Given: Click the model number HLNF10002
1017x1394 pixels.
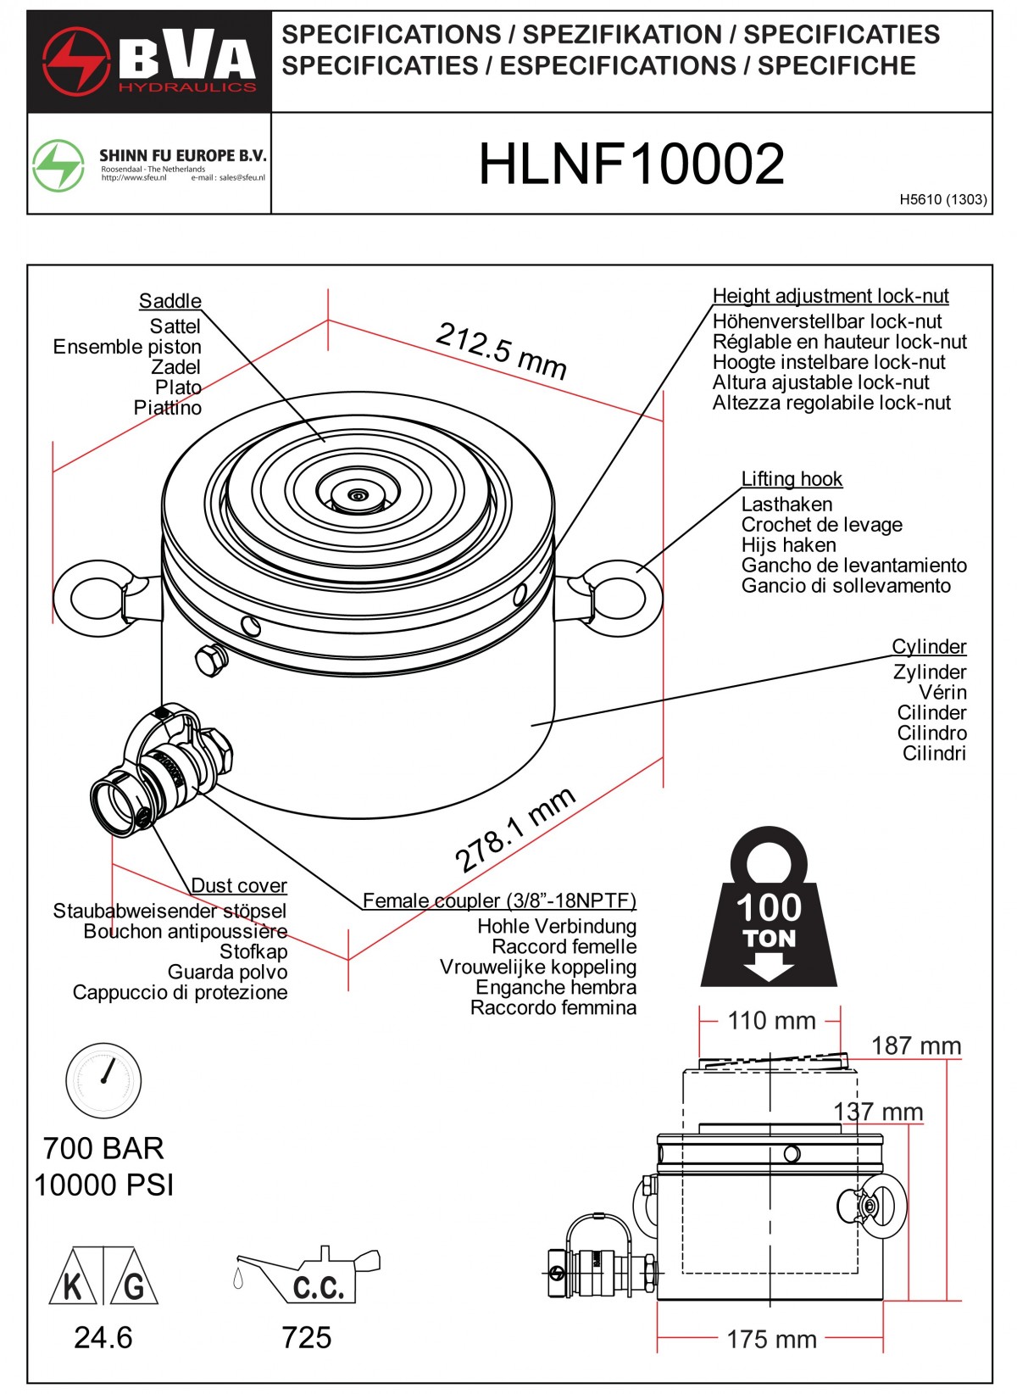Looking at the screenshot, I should [631, 164].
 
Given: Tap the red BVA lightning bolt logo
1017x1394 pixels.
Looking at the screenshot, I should [76, 61].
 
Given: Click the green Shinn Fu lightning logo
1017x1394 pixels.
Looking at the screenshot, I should [58, 164].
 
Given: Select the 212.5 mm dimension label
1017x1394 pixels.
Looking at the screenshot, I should [501, 350].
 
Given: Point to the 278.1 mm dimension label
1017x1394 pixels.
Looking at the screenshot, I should [514, 830].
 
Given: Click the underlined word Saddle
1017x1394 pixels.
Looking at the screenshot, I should [170, 301].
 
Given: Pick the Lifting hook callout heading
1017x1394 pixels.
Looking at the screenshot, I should [792, 479].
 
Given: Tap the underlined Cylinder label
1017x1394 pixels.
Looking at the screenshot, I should [929, 647].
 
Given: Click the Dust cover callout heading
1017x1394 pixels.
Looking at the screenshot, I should [239, 885].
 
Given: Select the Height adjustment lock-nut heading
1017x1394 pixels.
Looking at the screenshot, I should [831, 296].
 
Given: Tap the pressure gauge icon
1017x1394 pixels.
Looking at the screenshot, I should [103, 1080].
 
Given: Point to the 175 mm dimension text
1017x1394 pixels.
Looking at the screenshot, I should [771, 1340].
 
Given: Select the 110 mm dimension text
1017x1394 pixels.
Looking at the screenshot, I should [771, 1021].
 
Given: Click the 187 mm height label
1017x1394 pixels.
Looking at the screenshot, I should [916, 1046].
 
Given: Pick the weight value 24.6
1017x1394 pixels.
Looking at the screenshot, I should [103, 1338].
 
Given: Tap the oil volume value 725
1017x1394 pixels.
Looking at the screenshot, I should [307, 1338].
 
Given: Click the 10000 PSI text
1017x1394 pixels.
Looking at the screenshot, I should [104, 1185].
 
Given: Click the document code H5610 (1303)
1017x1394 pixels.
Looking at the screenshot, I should [943, 200].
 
